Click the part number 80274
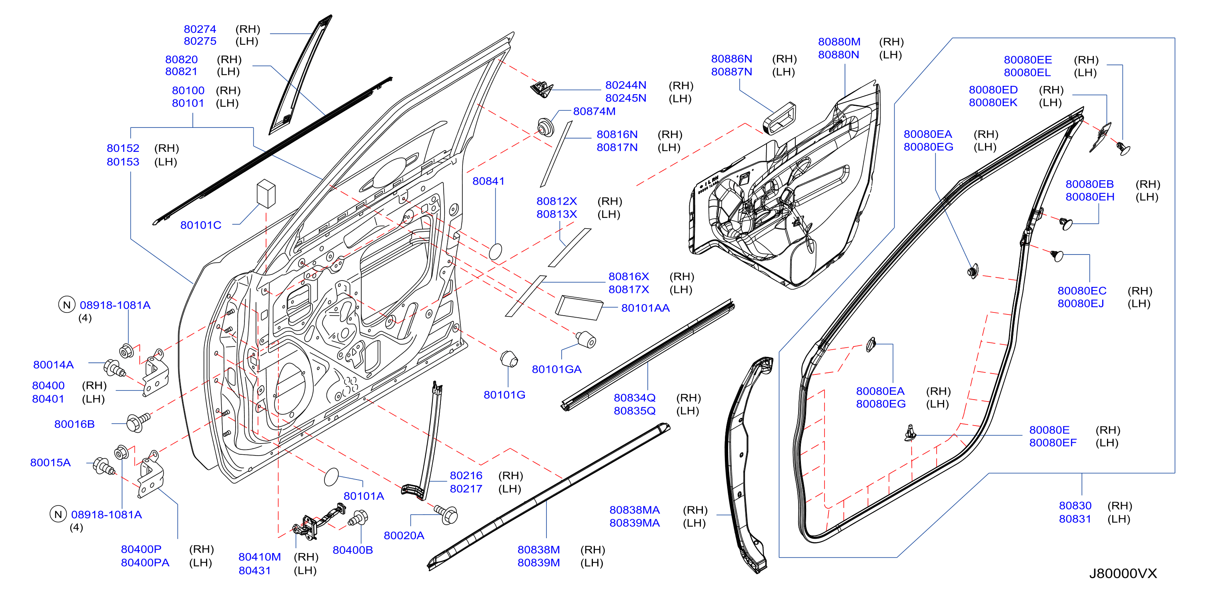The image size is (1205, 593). tap(200, 29)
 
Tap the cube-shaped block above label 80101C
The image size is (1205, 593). tap(266, 193)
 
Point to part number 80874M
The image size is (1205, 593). tap(594, 111)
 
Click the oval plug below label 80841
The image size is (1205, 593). tap(495, 251)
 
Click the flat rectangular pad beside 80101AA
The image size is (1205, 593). tap(578, 307)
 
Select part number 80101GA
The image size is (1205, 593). tap(556, 369)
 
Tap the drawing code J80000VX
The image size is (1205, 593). tap(1123, 573)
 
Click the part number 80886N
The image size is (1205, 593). tap(732, 59)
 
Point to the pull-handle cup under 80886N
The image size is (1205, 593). tap(779, 118)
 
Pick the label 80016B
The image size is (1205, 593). tap(74, 424)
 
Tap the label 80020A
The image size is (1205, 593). tap(404, 535)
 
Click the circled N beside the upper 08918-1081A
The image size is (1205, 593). tap(67, 304)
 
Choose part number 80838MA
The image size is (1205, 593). tap(635, 510)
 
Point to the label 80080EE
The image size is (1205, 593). tap(1028, 60)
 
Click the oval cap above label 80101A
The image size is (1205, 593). tap(331, 477)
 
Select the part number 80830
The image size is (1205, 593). tap(1075, 505)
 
